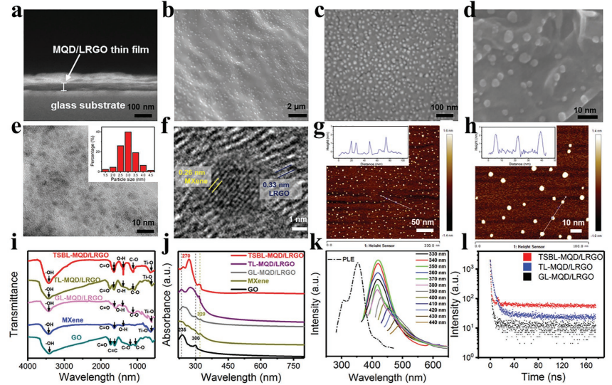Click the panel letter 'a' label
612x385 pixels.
[x=9, y=10]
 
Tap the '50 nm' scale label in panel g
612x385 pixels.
[x=426, y=223]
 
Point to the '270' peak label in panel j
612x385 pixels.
[x=187, y=255]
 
